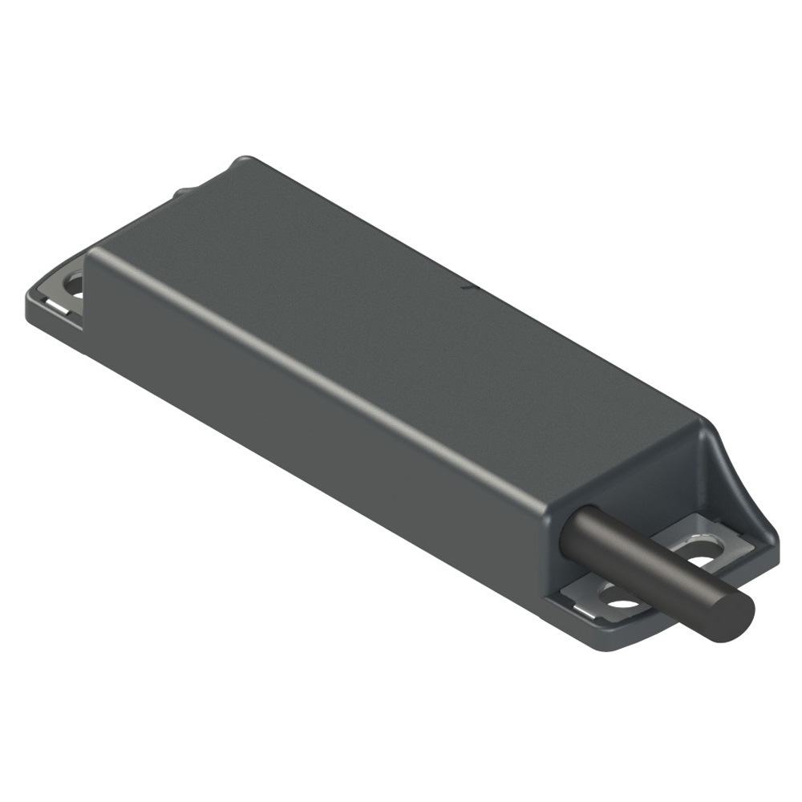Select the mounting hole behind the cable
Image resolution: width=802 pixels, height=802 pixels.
pos(703,561)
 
